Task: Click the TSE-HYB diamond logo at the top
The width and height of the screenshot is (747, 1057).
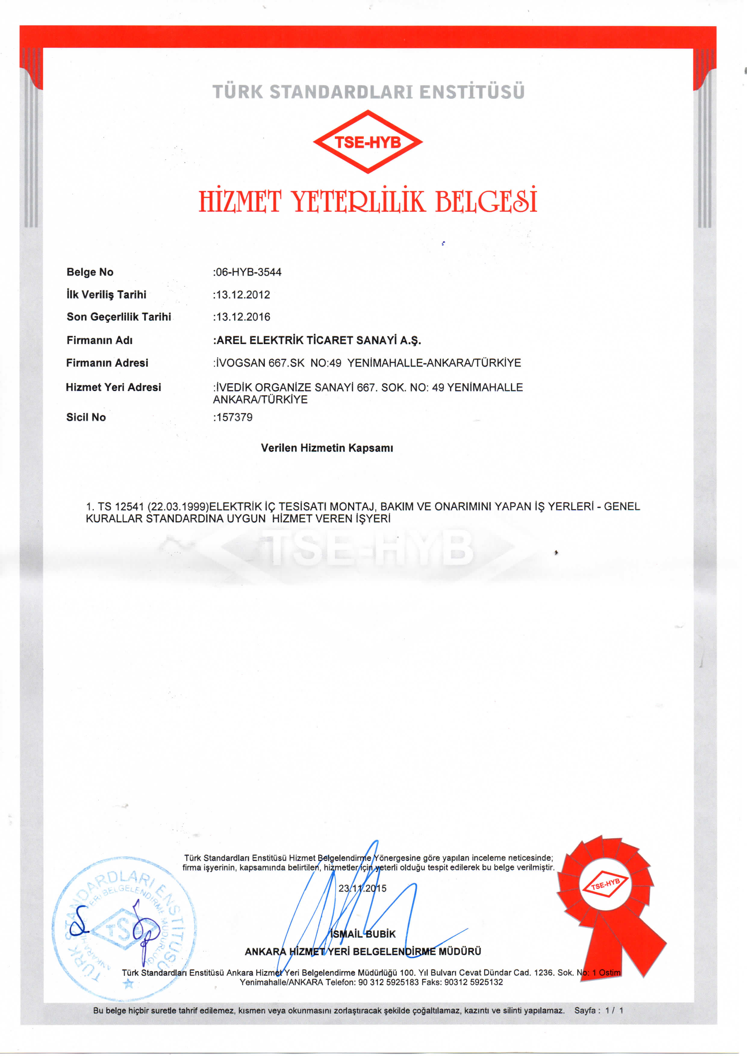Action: tap(368, 142)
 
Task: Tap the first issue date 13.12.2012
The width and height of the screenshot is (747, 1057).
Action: tap(243, 295)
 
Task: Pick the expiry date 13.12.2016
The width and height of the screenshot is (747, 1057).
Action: tap(243, 317)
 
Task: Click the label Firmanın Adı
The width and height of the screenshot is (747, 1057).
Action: tap(99, 340)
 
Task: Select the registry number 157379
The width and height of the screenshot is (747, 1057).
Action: tap(234, 417)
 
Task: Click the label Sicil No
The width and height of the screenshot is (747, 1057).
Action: tap(86, 417)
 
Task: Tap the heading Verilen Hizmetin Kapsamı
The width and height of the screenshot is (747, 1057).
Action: tap(327, 448)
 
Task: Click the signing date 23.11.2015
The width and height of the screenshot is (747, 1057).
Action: tap(362, 889)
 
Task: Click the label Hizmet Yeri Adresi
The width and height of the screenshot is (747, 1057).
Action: tap(113, 387)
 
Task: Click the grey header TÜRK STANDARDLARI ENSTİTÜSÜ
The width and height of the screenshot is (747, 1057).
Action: tap(368, 92)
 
